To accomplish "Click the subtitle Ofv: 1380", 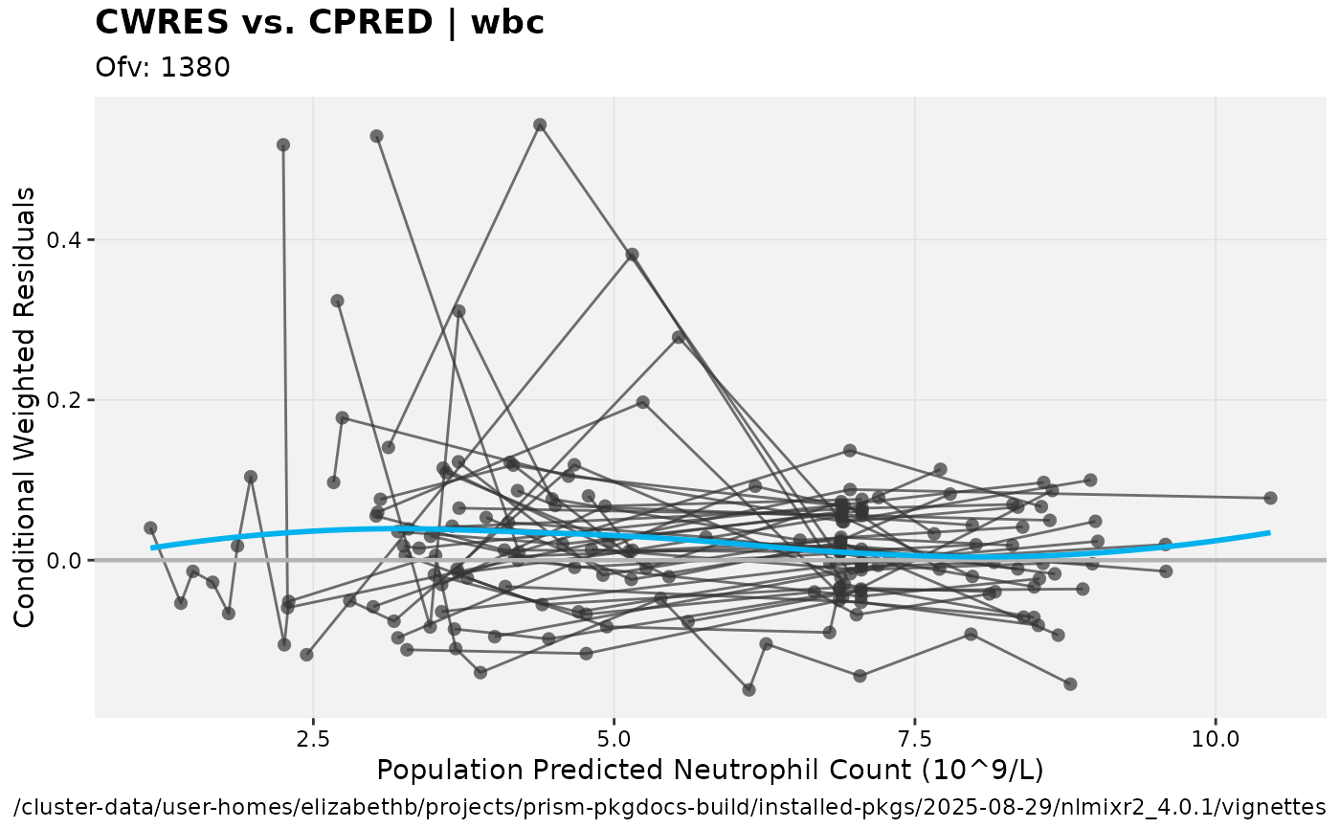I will tap(163, 68).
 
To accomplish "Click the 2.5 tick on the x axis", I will tap(313, 740).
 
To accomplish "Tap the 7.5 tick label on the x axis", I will tap(915, 740).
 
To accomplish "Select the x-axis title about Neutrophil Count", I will tap(709, 771).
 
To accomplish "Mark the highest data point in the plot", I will tap(540, 124).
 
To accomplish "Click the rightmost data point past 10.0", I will tap(1270, 498).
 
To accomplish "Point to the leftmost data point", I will tap(150, 527).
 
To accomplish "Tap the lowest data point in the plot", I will tap(749, 689).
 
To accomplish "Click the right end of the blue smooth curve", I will tap(1269, 532).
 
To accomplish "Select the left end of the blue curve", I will tap(153, 548).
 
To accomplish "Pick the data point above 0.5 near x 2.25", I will tap(283, 145).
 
